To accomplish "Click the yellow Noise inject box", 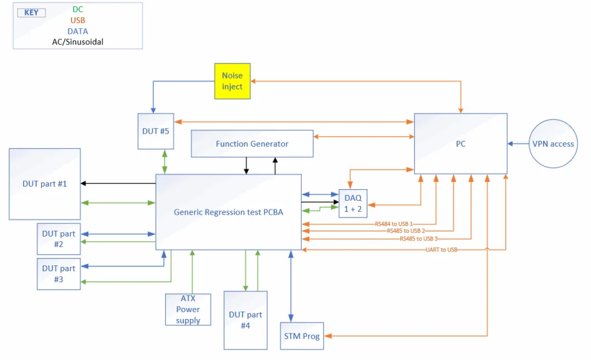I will click(x=233, y=81).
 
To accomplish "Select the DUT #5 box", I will click(x=156, y=131).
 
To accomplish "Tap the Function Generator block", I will click(x=252, y=144).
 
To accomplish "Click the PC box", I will click(x=460, y=144).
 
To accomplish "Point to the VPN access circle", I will click(x=553, y=144).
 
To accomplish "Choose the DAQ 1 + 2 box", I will click(x=353, y=204).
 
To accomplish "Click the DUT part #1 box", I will click(x=44, y=183).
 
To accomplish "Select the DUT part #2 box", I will click(x=58, y=239).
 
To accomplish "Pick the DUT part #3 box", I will click(x=58, y=274).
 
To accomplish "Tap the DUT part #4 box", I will click(x=245, y=320).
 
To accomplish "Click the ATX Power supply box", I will click(x=188, y=309).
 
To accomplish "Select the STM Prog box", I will click(x=302, y=336).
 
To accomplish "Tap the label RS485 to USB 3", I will click(x=418, y=238).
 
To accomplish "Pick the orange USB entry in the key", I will click(x=77, y=20).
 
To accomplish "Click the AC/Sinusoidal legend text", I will click(x=77, y=42).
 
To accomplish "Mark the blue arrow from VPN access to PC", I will click(x=518, y=144).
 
